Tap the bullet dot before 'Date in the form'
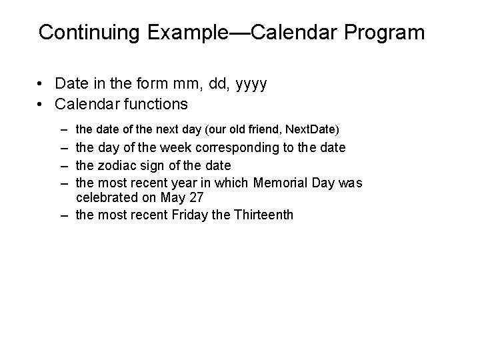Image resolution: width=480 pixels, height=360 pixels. click(x=41, y=84)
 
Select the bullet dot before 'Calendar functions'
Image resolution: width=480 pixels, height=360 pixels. click(x=41, y=104)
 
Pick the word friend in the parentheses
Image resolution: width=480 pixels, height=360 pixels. click(x=263, y=128)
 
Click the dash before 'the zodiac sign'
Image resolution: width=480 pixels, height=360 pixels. click(x=62, y=165)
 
